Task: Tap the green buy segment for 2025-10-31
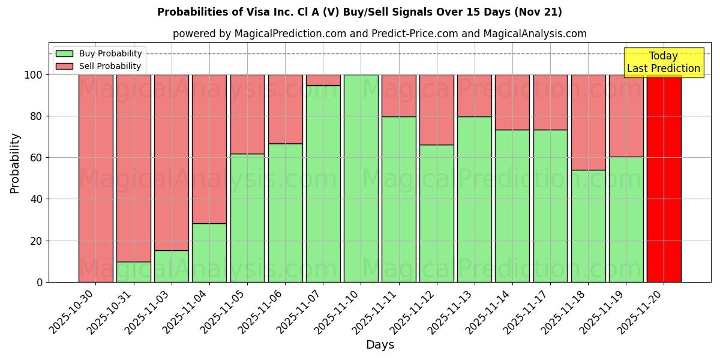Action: [x=133, y=272]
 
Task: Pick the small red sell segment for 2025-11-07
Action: [x=323, y=80]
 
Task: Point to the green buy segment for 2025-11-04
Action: [x=209, y=253]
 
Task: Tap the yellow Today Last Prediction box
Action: [x=664, y=62]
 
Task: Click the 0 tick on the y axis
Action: [x=40, y=282]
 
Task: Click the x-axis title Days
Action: [x=380, y=345]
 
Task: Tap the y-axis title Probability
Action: [x=15, y=163]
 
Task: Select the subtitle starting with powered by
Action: [x=379, y=34]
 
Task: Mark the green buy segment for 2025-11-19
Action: [x=626, y=219]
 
